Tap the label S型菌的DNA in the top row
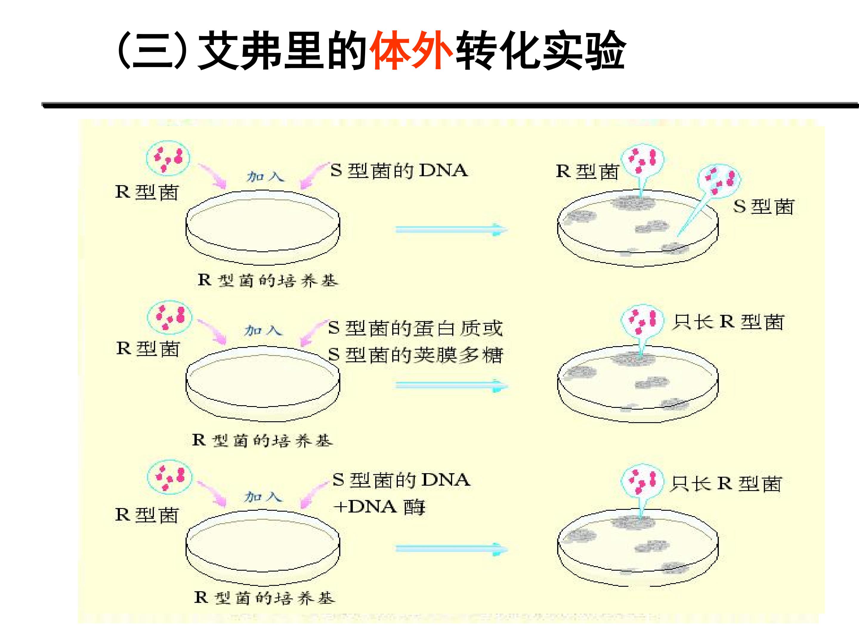point(399,171)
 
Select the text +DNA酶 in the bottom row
point(379,507)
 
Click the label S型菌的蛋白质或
point(415,328)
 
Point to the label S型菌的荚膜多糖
point(415,354)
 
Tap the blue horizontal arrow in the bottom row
point(451,549)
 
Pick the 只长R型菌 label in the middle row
point(728,322)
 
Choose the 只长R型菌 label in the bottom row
point(725,484)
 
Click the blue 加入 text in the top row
point(265,177)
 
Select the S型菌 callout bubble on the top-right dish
point(719,180)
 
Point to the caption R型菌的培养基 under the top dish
point(268,280)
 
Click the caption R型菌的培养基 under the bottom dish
point(264,598)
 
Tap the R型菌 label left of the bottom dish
point(147,515)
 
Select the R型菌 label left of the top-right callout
point(587,171)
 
